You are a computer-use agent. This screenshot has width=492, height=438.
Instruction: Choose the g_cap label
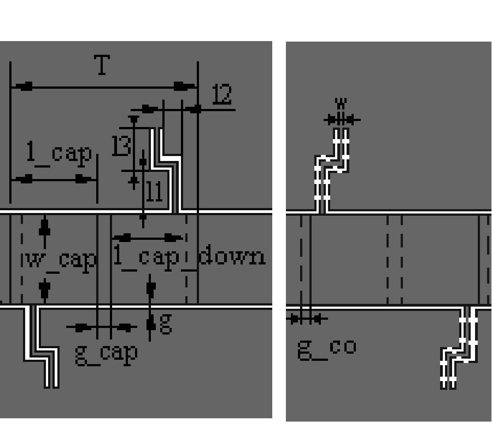point(106,353)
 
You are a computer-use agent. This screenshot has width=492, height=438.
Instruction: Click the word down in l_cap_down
point(232,256)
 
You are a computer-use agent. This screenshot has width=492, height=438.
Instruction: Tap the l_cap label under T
point(59,154)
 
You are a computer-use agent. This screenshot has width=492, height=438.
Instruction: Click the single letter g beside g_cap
point(166,322)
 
